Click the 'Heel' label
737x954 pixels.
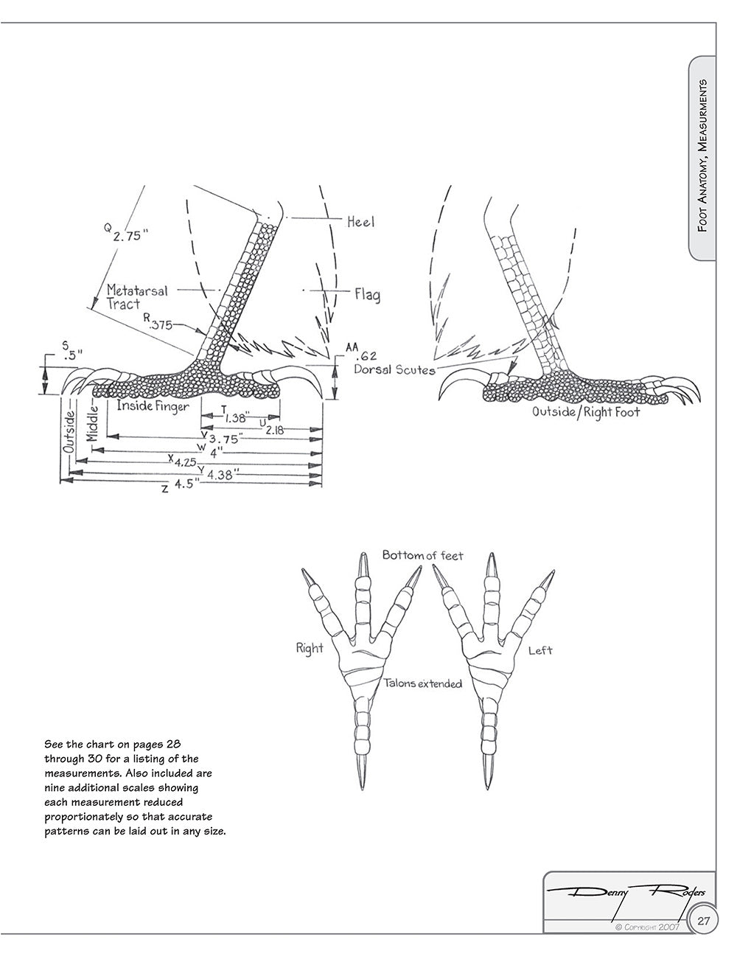coord(360,220)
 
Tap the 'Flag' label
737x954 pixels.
coord(367,295)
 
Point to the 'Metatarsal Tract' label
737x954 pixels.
coord(136,296)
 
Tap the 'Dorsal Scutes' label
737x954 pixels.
coord(394,369)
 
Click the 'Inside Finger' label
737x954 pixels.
coord(153,406)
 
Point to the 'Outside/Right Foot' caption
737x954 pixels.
coord(586,412)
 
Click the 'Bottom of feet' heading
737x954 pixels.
coord(422,554)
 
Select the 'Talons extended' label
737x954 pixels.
coord(423,683)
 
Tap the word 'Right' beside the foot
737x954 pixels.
coord(310,649)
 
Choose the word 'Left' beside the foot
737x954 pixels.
coord(540,650)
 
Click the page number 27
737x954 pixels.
coord(704,921)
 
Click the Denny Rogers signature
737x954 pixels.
coord(626,894)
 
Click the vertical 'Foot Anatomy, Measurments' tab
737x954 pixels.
coord(703,155)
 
